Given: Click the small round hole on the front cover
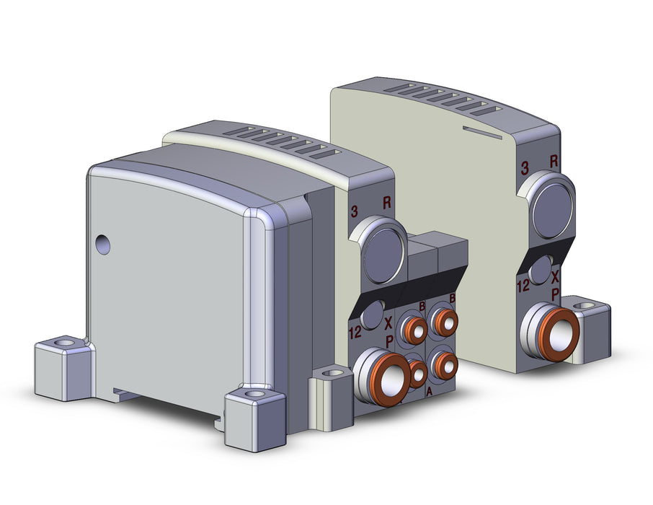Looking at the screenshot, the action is pyautogui.click(x=102, y=245).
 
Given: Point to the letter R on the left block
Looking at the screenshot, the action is pyautogui.click(x=387, y=203).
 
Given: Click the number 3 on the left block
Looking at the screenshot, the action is pyautogui.click(x=354, y=211).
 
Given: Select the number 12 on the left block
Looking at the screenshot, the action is pyautogui.click(x=355, y=333).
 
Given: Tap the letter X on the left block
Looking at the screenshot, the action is pyautogui.click(x=388, y=323).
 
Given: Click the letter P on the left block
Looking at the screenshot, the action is pyautogui.click(x=389, y=342).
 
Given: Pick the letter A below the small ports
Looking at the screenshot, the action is pyautogui.click(x=429, y=392).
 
